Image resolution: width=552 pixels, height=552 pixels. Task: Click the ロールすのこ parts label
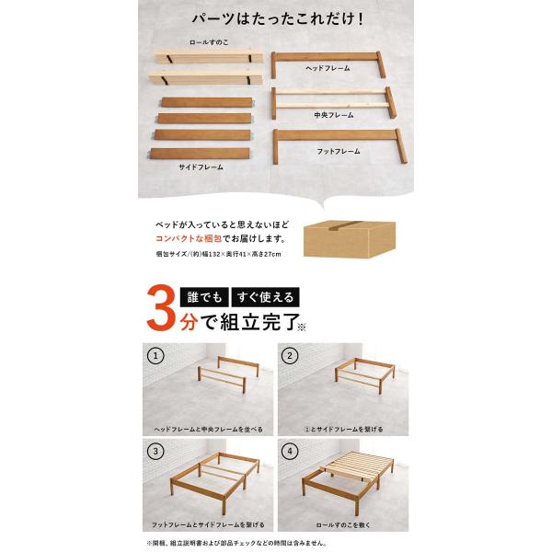pyautogui.click(x=209, y=42)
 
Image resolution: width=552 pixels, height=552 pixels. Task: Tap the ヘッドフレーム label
pyautogui.click(x=328, y=68)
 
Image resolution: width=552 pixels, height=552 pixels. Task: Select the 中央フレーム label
pyautogui.click(x=334, y=115)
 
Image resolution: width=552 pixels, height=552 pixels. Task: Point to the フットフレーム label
pyautogui.click(x=339, y=152)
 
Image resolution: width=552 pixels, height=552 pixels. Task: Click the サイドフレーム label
pyautogui.click(x=201, y=167)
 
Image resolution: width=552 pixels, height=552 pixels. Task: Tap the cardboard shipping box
pyautogui.click(x=350, y=239)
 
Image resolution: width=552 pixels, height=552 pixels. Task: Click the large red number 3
pyautogui.click(x=162, y=308)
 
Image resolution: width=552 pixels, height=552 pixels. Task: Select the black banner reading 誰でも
pyautogui.click(x=204, y=297)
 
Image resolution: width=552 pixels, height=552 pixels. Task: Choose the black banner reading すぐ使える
pyautogui.click(x=266, y=297)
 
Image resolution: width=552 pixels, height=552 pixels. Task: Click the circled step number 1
pyautogui.click(x=155, y=355)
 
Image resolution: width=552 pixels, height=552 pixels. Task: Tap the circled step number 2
pyautogui.click(x=290, y=355)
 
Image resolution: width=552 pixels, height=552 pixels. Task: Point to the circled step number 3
pyautogui.click(x=155, y=452)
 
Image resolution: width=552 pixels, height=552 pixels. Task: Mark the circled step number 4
pyautogui.click(x=290, y=452)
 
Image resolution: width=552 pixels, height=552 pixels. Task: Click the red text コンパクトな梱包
pyautogui.click(x=189, y=238)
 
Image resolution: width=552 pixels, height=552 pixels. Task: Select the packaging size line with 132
pyautogui.click(x=218, y=254)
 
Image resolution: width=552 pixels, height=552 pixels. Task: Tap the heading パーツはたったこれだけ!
pyautogui.click(x=278, y=18)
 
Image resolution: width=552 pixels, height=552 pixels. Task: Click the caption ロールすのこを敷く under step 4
pyautogui.click(x=343, y=525)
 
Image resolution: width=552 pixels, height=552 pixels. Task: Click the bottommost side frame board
pyautogui.click(x=200, y=154)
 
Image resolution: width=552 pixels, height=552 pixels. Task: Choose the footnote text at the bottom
pyautogui.click(x=236, y=543)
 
